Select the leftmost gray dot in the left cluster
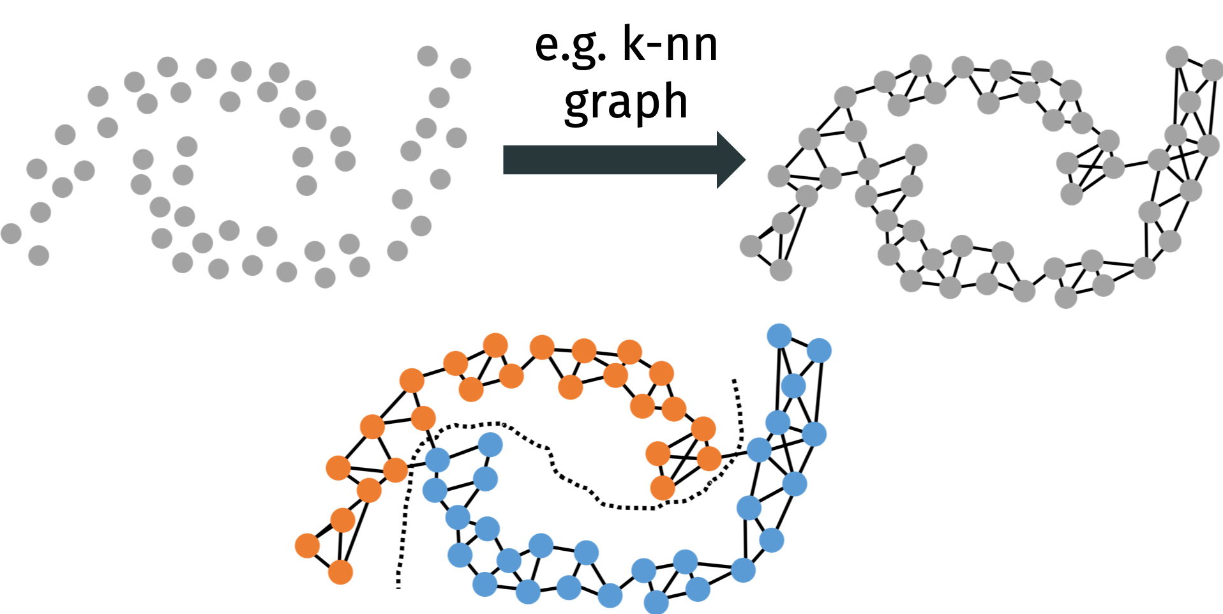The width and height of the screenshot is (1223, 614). click(x=11, y=234)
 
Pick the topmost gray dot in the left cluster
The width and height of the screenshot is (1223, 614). click(x=428, y=56)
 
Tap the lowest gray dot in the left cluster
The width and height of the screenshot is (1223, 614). click(x=325, y=278)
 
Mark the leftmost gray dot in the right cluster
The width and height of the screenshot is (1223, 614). click(x=751, y=246)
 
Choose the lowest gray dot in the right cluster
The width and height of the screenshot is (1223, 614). click(x=1065, y=297)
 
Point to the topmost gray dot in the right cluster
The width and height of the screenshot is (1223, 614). click(x=1176, y=56)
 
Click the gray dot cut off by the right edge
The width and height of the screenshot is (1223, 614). click(x=1212, y=70)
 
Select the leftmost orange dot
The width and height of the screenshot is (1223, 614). click(x=307, y=546)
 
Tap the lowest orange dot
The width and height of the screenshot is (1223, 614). click(x=340, y=573)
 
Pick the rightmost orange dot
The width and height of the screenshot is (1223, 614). click(x=709, y=458)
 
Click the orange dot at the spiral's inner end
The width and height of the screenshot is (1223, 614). click(x=663, y=488)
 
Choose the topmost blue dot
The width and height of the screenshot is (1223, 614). click(x=779, y=336)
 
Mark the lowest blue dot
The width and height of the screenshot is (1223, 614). click(x=656, y=602)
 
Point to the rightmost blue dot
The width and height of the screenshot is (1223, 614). click(x=820, y=350)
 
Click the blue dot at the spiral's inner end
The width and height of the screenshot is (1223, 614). click(x=490, y=444)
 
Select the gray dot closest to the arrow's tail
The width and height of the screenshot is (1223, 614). click(x=456, y=138)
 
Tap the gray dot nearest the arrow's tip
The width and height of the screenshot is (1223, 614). click(x=779, y=176)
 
